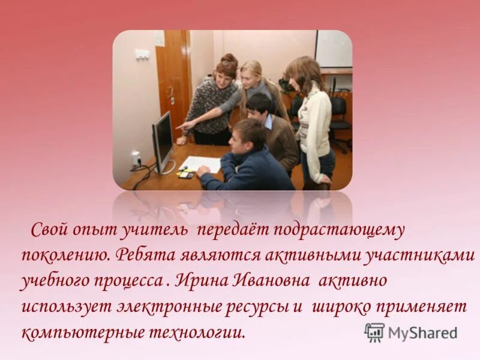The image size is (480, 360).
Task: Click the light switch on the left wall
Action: (x=142, y=54)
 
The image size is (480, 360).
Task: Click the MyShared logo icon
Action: (x=374, y=332)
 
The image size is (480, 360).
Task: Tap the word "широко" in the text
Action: (x=338, y=307)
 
